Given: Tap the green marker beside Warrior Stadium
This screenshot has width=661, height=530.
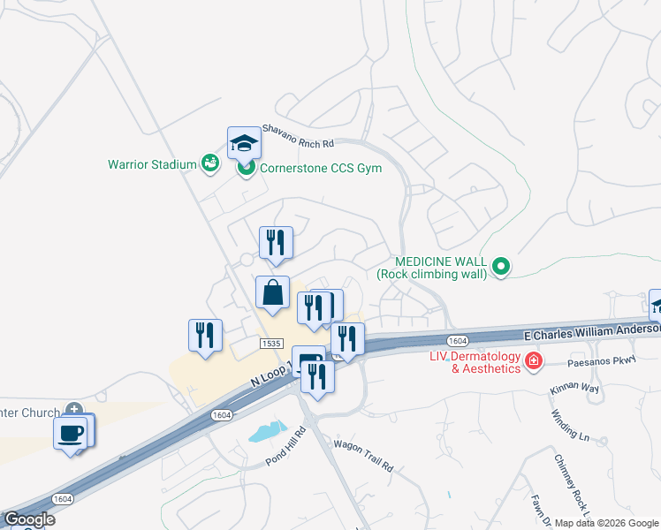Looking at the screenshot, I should tap(209, 163).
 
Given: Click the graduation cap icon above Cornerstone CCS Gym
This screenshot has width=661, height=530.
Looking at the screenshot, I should tap(245, 142).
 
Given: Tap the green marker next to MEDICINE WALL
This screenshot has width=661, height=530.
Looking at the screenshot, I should tap(501, 265).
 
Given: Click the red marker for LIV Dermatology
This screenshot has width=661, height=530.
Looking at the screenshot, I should tap(533, 360).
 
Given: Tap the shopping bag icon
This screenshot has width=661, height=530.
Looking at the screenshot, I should tap(272, 291).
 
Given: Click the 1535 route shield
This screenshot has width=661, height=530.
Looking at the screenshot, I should tap(271, 343).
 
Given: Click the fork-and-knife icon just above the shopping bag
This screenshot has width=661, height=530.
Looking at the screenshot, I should tap(276, 242).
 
